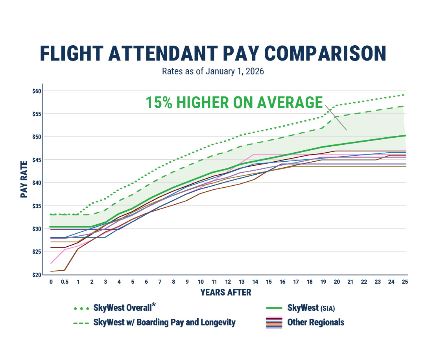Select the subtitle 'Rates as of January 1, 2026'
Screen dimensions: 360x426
click(x=213, y=72)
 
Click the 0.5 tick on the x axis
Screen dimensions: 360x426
click(x=65, y=282)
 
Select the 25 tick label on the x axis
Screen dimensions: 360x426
click(x=404, y=282)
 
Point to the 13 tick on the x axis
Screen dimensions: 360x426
click(x=241, y=282)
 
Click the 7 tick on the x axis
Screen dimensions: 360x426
click(x=160, y=282)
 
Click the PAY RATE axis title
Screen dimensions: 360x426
click(x=24, y=179)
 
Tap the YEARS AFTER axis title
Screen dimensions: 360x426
click(x=226, y=292)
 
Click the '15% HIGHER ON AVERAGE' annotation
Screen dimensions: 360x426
click(x=234, y=102)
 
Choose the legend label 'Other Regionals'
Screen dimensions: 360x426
click(x=315, y=323)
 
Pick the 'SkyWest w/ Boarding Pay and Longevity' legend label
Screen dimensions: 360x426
click(x=164, y=323)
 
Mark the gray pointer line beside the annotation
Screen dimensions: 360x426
click(x=336, y=118)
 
